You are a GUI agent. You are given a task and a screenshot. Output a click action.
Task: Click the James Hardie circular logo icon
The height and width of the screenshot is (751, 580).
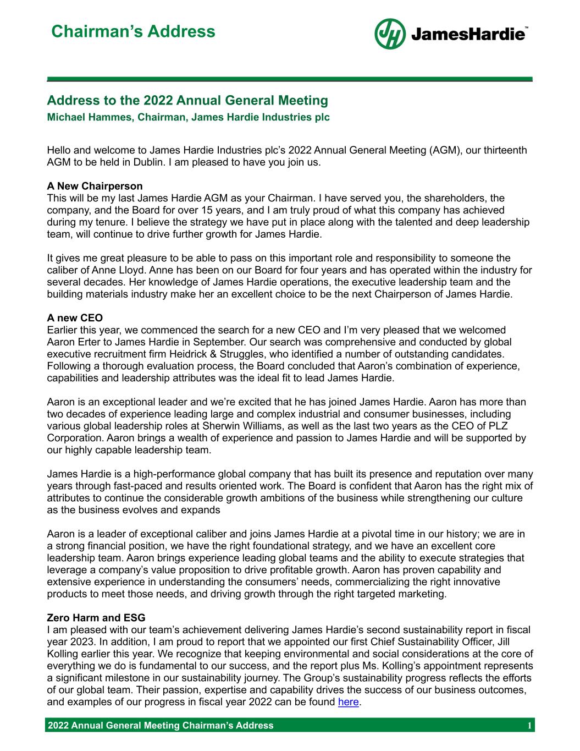pyautogui.click(x=390, y=34)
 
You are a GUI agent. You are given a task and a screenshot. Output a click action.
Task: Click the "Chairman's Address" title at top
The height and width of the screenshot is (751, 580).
pyautogui.click(x=133, y=31)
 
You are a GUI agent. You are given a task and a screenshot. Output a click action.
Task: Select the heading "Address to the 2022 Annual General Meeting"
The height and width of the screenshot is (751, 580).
pyautogui.click(x=187, y=101)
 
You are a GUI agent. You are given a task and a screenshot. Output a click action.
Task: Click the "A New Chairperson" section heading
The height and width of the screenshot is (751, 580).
pyautogui.click(x=95, y=186)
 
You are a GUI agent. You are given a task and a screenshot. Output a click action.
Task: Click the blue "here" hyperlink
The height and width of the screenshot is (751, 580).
pyautogui.click(x=348, y=702)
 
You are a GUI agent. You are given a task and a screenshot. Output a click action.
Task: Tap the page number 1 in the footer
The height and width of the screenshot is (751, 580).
pyautogui.click(x=529, y=726)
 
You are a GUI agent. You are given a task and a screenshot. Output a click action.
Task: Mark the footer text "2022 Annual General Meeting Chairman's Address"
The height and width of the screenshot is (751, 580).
pyautogui.click(x=161, y=726)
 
